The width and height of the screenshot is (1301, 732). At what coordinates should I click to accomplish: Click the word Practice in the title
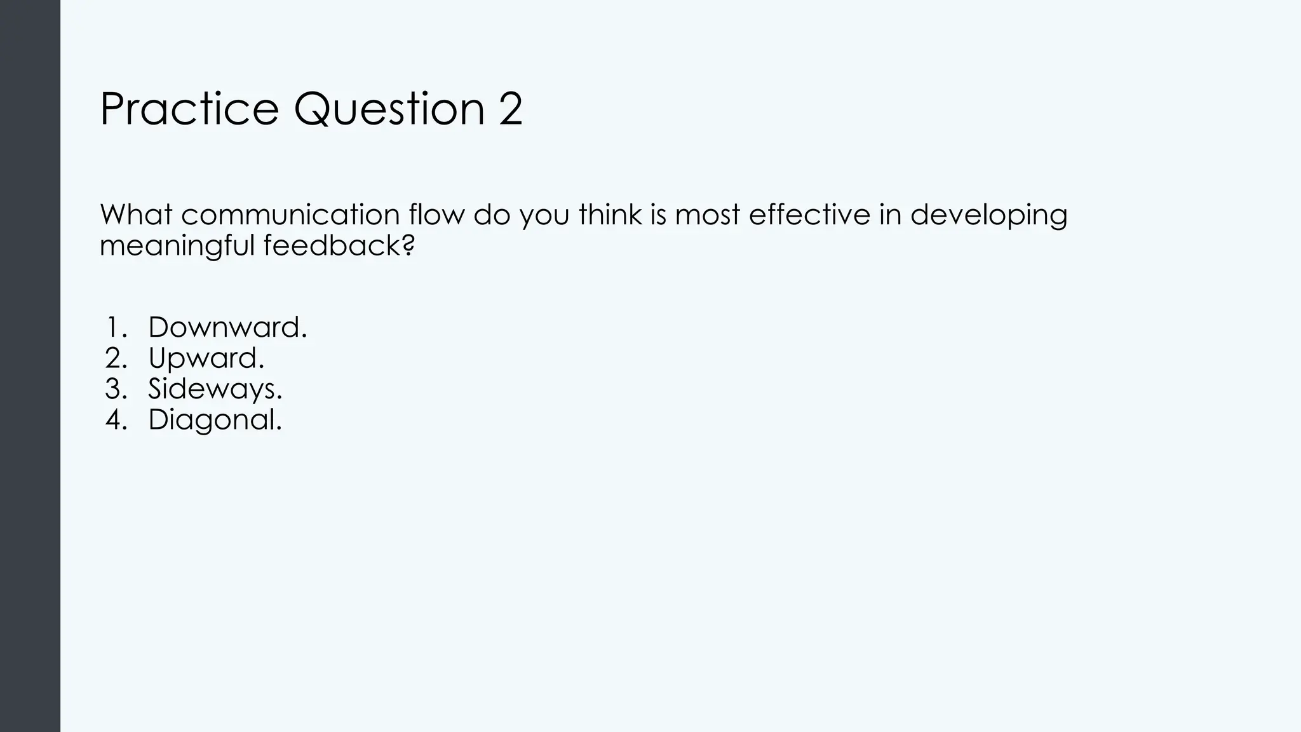click(189, 109)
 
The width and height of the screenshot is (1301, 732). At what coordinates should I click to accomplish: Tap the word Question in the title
click(389, 109)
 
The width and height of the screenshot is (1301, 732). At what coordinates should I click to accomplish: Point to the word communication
click(290, 215)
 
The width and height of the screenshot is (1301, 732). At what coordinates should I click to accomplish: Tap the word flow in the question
click(437, 215)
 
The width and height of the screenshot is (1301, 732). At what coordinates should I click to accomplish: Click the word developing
click(988, 216)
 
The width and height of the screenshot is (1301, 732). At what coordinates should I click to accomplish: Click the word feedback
click(339, 245)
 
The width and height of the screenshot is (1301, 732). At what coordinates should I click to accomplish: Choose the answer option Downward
click(227, 328)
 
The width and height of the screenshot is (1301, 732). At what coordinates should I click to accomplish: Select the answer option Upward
click(206, 359)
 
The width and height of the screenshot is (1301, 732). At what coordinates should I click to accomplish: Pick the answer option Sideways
click(215, 390)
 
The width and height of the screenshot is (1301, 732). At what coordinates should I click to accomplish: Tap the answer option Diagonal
click(215, 420)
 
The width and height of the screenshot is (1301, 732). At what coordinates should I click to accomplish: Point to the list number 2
click(116, 359)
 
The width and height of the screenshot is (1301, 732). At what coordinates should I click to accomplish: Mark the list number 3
click(116, 390)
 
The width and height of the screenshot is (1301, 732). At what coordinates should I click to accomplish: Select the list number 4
click(116, 420)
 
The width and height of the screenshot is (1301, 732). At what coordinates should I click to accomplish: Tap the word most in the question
click(707, 215)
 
